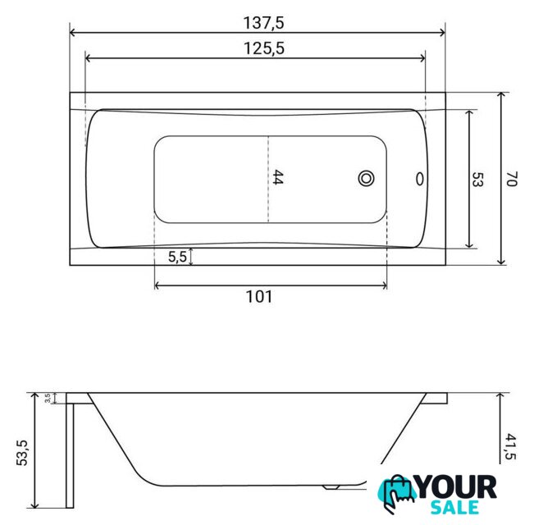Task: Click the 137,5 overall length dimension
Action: click(x=263, y=23)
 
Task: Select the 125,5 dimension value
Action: click(x=264, y=48)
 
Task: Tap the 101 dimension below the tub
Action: click(x=259, y=297)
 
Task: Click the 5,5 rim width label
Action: click(x=177, y=257)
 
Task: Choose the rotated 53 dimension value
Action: click(x=477, y=179)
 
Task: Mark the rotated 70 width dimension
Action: click(x=511, y=179)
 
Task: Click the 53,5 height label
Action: click(x=22, y=453)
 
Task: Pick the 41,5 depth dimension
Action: click(x=510, y=446)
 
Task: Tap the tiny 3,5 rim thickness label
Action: click(x=48, y=398)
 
